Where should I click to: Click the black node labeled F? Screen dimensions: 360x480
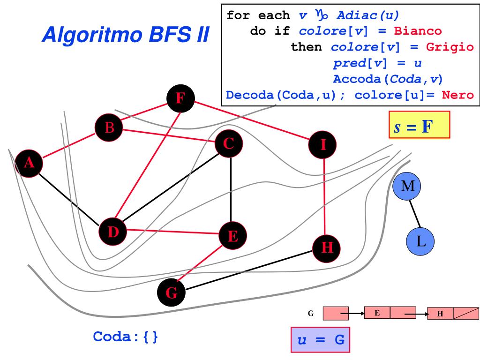[x=180, y=98]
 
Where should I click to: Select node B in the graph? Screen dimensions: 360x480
[x=109, y=127]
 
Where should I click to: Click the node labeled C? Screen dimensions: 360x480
[x=228, y=144]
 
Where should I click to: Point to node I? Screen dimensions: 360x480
[x=322, y=145]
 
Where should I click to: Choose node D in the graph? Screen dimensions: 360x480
[x=113, y=231]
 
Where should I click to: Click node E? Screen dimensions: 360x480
[x=233, y=236]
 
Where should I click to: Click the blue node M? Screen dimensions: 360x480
[x=407, y=186]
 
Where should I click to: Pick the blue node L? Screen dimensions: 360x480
[x=420, y=241]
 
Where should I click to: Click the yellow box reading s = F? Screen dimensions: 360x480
[x=419, y=125]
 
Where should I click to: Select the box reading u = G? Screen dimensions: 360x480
[x=320, y=339]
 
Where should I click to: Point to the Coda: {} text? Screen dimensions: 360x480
[x=126, y=337]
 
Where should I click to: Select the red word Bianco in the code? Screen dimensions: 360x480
[x=418, y=31]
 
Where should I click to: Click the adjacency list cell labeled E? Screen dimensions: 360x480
[x=377, y=313]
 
